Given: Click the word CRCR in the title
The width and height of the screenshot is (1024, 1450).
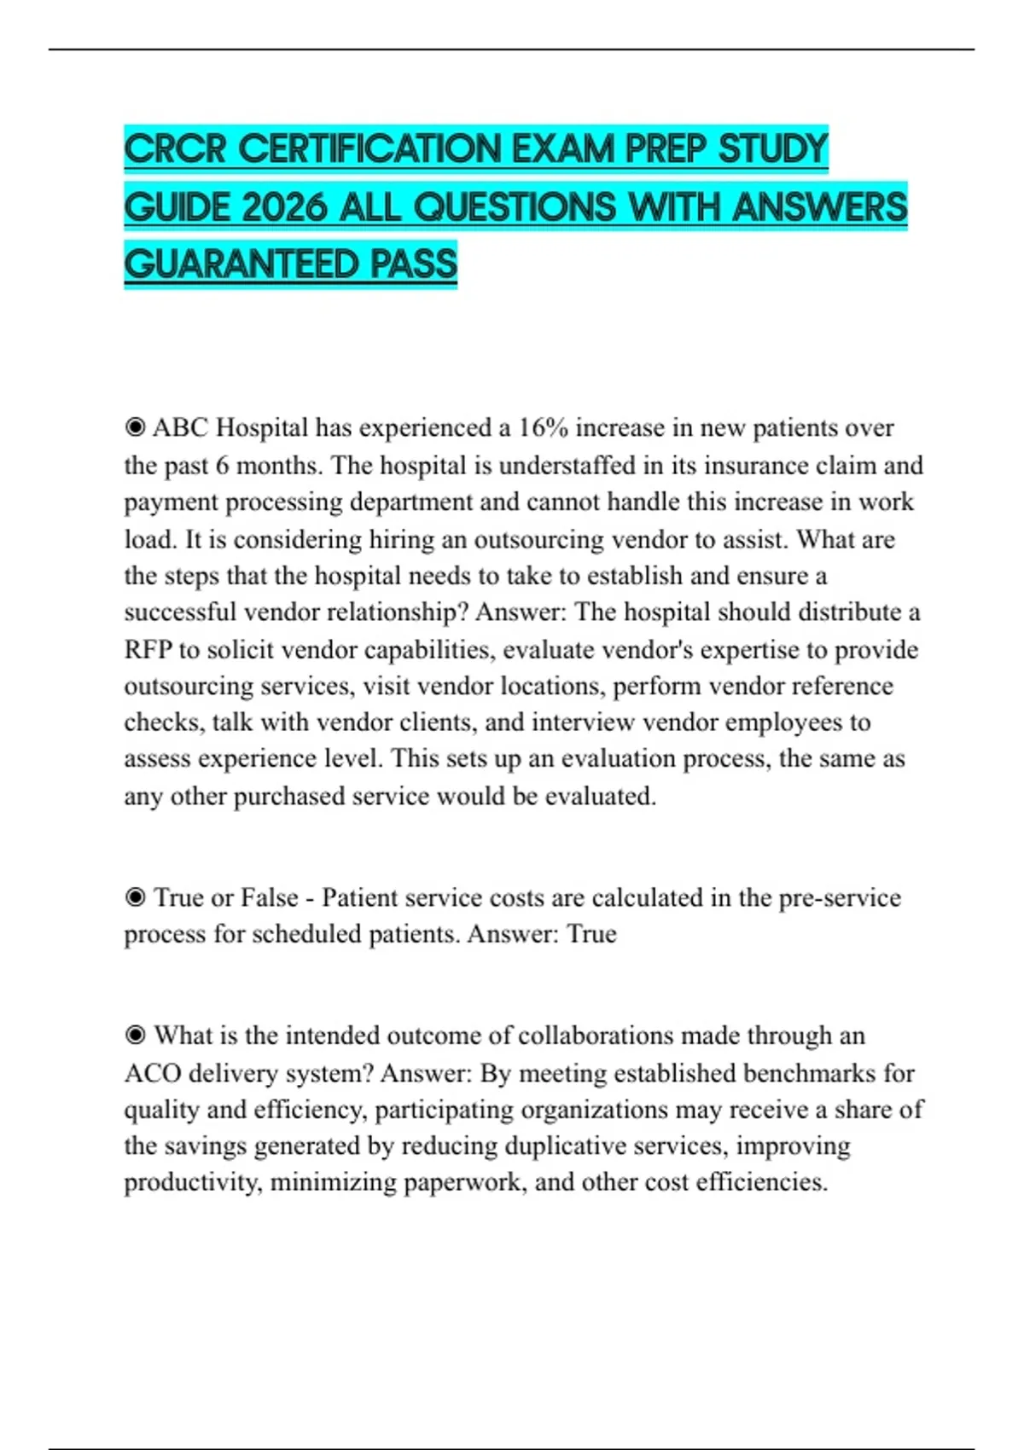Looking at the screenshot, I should [175, 149].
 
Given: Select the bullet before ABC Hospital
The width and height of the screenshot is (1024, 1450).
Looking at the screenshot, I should [135, 427].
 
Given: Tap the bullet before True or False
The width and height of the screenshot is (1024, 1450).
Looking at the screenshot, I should [135, 898].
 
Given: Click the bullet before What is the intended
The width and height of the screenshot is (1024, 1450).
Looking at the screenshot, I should [135, 1035].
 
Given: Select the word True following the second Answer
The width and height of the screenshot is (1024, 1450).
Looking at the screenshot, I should [591, 934].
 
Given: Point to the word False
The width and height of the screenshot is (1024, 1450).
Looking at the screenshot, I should [269, 898].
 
